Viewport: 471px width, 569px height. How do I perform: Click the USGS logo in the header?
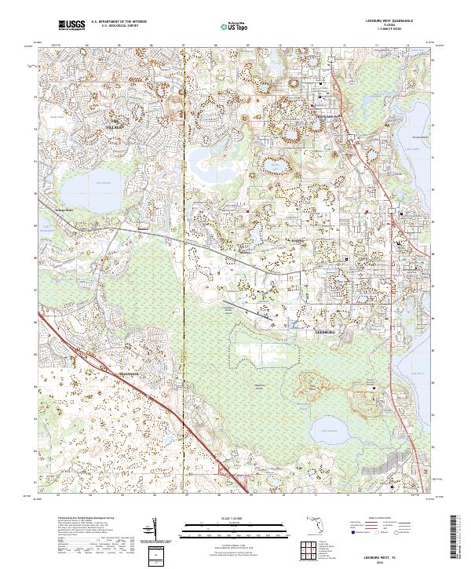[71, 25]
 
